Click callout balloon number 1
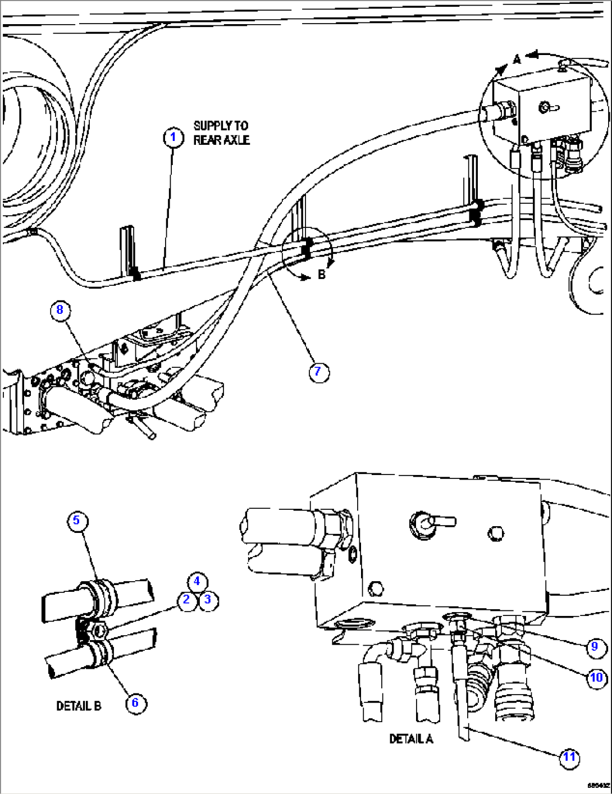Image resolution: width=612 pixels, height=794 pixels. pyautogui.click(x=173, y=138)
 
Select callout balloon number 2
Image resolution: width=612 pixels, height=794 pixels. pyautogui.click(x=187, y=600)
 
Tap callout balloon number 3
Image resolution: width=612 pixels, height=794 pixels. pyautogui.click(x=208, y=600)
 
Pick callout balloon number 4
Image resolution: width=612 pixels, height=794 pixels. pyautogui.click(x=197, y=582)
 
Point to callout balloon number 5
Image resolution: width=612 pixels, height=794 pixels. pyautogui.click(x=77, y=521)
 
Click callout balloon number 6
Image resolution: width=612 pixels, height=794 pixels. pyautogui.click(x=135, y=703)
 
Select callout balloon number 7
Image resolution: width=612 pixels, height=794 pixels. pyautogui.click(x=318, y=372)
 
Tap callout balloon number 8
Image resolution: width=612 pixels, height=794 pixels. pyautogui.click(x=60, y=310)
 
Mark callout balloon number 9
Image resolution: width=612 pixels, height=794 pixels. pyautogui.click(x=595, y=647)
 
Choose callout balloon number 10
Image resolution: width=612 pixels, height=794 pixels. pyautogui.click(x=596, y=678)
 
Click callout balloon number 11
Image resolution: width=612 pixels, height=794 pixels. pyautogui.click(x=570, y=758)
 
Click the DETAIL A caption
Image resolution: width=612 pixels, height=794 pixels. pyautogui.click(x=411, y=739)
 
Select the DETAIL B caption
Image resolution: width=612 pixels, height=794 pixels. pyautogui.click(x=79, y=706)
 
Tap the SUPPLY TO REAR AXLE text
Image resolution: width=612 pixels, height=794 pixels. pyautogui.click(x=221, y=133)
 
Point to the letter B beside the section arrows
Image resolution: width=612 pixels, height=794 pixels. pyautogui.click(x=322, y=275)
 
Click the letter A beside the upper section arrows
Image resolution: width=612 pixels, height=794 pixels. pyautogui.click(x=517, y=58)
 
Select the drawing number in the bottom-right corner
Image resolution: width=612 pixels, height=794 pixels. pyautogui.click(x=598, y=786)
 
